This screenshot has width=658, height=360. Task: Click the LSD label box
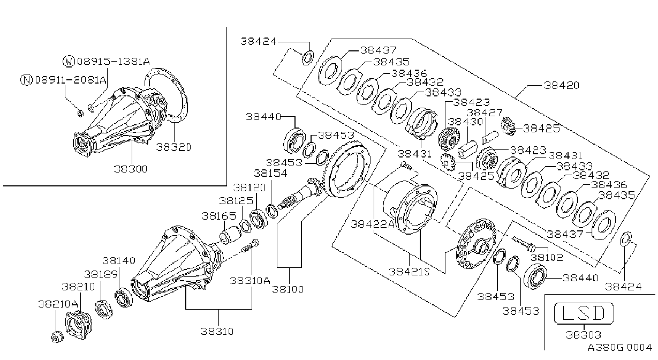pyautogui.click(x=584, y=313)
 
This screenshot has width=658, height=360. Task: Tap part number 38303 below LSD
pyautogui.click(x=584, y=335)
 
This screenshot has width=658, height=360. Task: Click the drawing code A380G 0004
pyautogui.click(x=620, y=348)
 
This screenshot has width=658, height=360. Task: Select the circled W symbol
pyautogui.click(x=69, y=62)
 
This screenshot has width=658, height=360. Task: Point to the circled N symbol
pyautogui.click(x=26, y=80)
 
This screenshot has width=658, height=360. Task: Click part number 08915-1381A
pyautogui.click(x=114, y=62)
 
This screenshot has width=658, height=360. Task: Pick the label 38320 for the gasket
pyautogui.click(x=173, y=147)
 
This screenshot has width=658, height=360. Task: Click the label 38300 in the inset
pyautogui.click(x=131, y=169)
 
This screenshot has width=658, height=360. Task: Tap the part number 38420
pyautogui.click(x=561, y=85)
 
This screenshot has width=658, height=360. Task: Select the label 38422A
pyautogui.click(x=373, y=224)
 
